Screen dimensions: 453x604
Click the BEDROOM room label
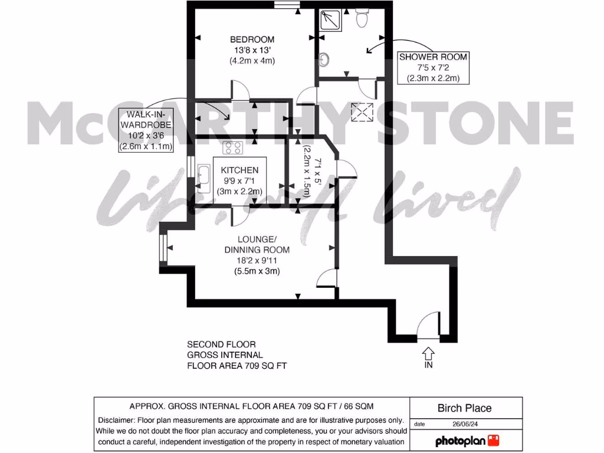coord(252,40)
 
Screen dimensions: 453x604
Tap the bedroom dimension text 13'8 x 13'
coord(252,50)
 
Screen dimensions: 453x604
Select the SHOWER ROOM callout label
coord(434,57)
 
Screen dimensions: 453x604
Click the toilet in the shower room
coord(363,19)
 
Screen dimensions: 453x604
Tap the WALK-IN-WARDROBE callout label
coord(146,120)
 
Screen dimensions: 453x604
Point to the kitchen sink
coord(203,179)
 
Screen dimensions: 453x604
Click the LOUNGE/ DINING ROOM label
coord(257,244)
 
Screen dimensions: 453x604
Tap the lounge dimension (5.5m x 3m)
coord(257,271)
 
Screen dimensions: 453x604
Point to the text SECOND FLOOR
coord(221,344)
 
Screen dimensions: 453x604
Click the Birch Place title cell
coord(464,408)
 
